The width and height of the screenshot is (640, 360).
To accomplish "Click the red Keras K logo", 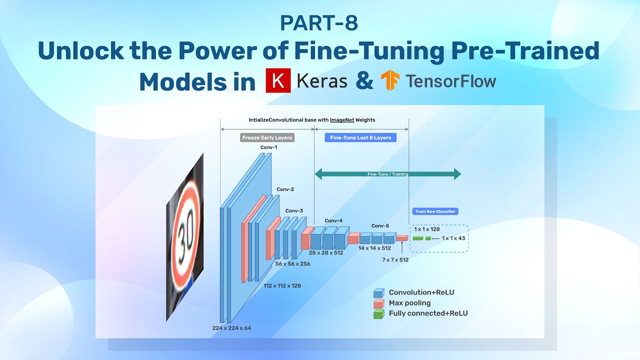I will [x=278, y=81].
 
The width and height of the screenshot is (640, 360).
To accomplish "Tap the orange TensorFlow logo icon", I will [x=390, y=81].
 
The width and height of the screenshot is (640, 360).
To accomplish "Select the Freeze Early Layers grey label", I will [x=267, y=137].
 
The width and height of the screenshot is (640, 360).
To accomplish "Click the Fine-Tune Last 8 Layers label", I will [x=360, y=137].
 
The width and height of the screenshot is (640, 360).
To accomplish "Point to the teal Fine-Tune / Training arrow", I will [x=387, y=174].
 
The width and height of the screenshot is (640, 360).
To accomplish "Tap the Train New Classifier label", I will [x=435, y=211].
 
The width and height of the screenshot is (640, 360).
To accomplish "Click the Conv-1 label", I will [x=268, y=147].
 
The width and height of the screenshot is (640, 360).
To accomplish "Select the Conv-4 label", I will [x=333, y=220].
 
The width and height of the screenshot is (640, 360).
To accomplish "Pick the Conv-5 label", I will [x=380, y=225].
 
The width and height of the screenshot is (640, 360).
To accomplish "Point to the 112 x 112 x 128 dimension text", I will [x=282, y=285].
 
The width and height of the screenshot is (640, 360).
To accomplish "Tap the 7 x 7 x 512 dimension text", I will [x=395, y=260].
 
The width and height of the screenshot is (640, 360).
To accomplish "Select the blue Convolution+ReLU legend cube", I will [x=379, y=293].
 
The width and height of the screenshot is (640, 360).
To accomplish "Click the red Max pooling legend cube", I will [x=379, y=303].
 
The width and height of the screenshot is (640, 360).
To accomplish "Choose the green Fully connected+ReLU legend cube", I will [x=379, y=314].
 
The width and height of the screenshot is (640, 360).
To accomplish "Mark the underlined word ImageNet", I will [x=342, y=120].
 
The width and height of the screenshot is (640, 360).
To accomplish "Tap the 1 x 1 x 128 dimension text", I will [x=426, y=229].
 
